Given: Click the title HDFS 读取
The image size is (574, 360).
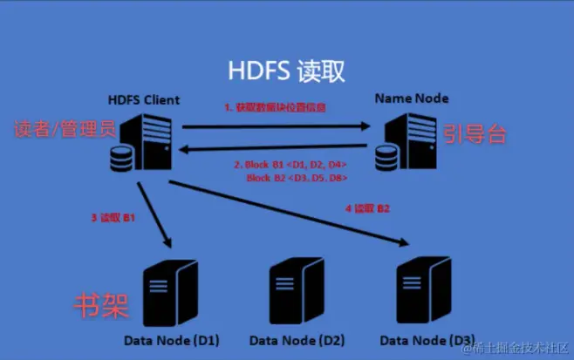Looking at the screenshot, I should coord(286,69).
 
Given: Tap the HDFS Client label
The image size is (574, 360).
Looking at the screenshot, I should coord(144,99).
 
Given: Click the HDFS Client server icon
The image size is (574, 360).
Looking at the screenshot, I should coord(141,145).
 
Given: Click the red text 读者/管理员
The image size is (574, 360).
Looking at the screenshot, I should coord(64,130).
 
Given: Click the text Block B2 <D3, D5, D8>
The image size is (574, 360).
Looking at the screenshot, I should coord(297,177).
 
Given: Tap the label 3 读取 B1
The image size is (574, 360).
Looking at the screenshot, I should coord(114,217).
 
